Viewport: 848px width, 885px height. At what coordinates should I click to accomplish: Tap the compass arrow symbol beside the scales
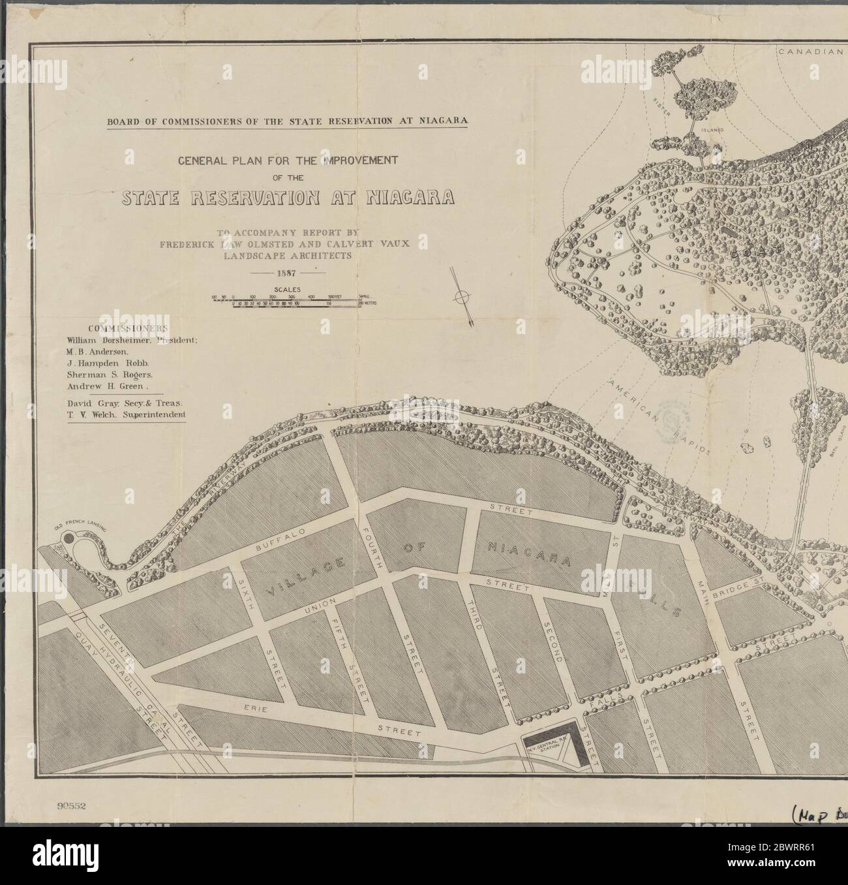[x=462, y=298]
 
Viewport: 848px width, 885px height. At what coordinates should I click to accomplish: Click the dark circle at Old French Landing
[x=68, y=539]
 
